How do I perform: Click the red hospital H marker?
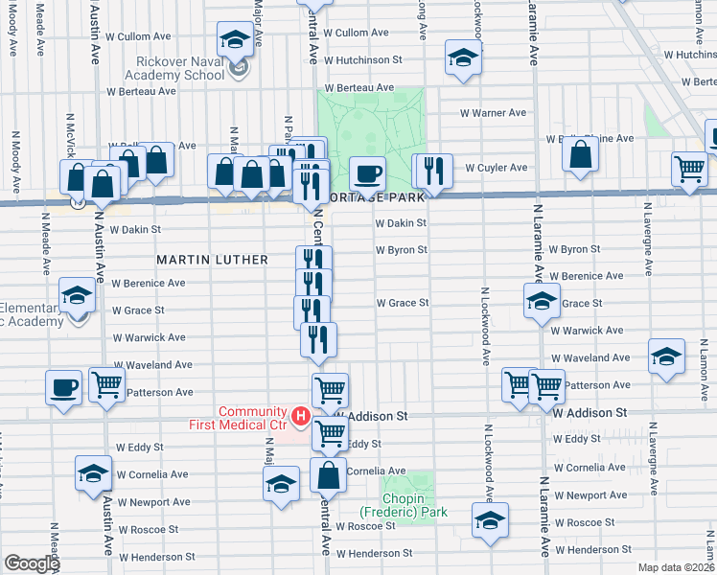point(301,416)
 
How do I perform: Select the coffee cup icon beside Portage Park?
point(366,174)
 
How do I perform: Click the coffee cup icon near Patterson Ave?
point(64,387)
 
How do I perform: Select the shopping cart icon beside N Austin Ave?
point(107,384)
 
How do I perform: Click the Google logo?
point(33,563)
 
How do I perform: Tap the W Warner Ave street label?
point(493,113)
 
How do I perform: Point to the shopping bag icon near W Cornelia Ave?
point(328,474)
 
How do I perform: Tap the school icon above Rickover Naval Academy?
point(233,39)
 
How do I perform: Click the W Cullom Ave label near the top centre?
point(356,33)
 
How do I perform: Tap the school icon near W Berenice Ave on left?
point(77,295)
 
